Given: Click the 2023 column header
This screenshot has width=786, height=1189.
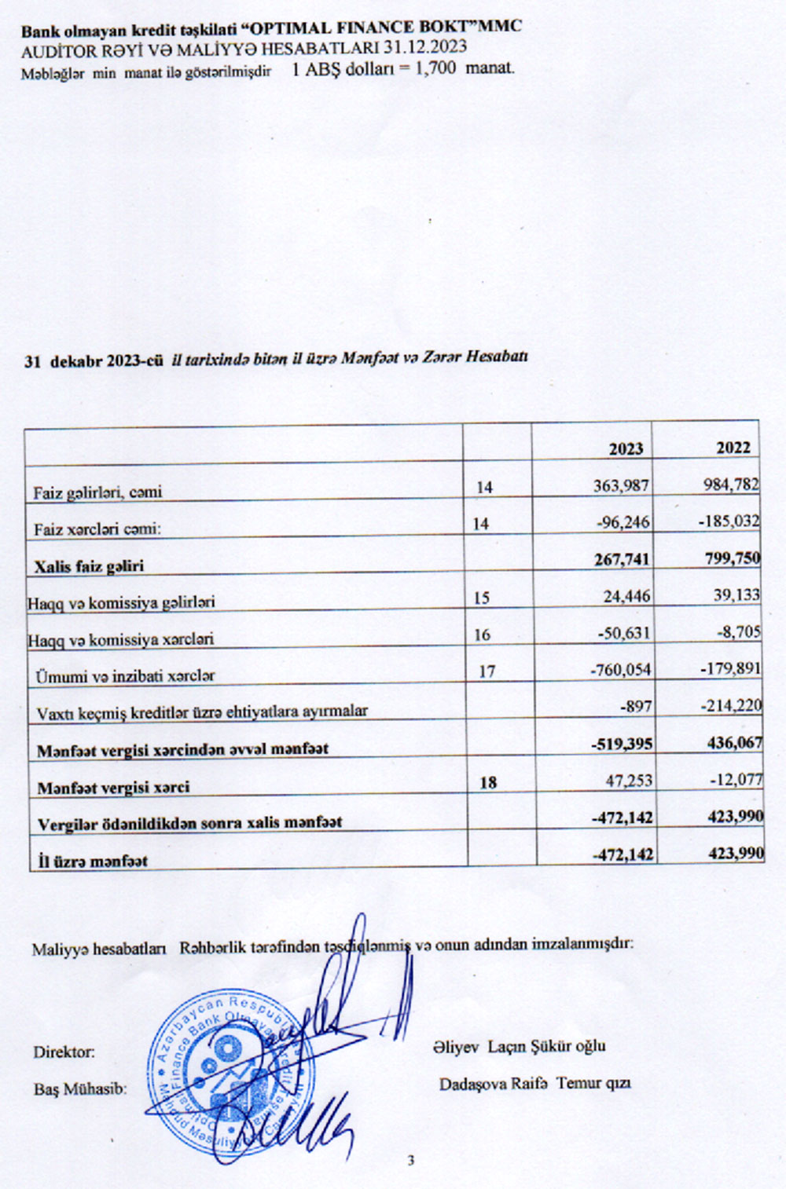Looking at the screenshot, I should pos(626,448).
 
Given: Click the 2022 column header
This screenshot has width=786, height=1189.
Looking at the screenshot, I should pos(733,447).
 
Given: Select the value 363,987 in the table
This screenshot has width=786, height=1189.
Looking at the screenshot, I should pos(621,485).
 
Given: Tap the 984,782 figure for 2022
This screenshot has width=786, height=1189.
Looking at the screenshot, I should pos(731,484).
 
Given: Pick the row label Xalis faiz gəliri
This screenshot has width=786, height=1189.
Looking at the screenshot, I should pos(89,565).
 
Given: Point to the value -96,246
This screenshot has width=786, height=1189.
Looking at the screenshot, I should pos(624,522).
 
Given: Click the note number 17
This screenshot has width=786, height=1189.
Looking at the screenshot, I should pos(487,671).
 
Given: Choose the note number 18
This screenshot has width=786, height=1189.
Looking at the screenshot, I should pos(488,782).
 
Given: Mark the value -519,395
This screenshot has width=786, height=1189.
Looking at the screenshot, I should pos(622,743).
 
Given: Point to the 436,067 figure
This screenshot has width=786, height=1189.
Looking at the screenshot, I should pos(734,741).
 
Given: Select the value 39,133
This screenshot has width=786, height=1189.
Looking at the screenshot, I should pos(736,595).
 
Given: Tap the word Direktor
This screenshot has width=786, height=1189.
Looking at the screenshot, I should pos(64,1052).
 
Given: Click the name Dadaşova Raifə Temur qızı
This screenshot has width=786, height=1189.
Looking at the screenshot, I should pos(534,1084).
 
